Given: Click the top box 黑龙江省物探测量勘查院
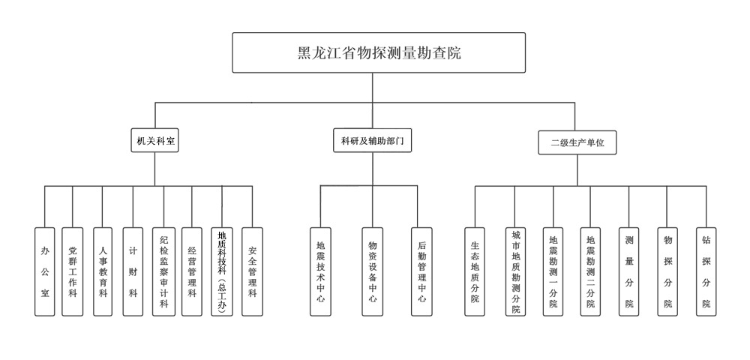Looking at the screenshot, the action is [379, 52].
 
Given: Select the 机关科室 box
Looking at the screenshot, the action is [155, 140].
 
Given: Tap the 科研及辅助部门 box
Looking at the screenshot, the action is [372, 140].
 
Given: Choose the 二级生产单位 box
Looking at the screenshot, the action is [577, 142].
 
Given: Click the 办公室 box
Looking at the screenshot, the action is [45, 271].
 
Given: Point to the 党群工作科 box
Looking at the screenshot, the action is [73, 271].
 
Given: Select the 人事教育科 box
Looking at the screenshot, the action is [103, 271].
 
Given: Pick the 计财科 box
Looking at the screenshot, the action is [133, 271].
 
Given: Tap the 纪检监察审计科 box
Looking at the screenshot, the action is [163, 271].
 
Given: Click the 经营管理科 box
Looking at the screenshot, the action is [192, 271].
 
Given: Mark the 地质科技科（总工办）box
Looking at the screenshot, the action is [222, 271].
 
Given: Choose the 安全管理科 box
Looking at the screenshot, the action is [252, 271].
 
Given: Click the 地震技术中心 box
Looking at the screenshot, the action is [320, 271].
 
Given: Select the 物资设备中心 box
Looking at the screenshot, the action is [373, 271].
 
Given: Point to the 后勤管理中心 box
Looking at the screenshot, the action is [421, 271].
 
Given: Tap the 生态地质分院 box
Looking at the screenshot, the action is [475, 271].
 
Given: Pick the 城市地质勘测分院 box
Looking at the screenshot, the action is [516, 271].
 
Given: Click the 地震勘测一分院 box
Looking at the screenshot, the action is [553, 271].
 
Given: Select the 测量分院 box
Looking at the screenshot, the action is [629, 271].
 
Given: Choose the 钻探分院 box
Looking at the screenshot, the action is [706, 271].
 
